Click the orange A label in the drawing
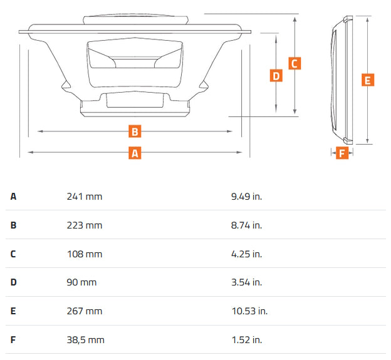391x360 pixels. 135,153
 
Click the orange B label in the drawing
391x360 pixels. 135,131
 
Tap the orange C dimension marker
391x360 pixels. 295,63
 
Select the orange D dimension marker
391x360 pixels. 276,76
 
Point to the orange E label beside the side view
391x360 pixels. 368,80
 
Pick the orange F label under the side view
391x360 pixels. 341,153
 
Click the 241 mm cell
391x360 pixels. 84,197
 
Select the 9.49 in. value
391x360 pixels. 246,197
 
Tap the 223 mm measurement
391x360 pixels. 84,225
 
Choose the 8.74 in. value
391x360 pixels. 246,225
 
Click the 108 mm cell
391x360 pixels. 84,254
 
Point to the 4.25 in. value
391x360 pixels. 246,254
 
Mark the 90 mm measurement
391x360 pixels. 81,282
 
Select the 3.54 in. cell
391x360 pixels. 246,282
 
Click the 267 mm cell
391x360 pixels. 84,311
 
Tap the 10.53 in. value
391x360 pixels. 249,311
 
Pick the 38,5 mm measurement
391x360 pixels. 85,340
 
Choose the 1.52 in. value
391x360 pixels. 246,340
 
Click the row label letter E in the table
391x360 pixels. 13,311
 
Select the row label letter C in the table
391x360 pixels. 13,254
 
